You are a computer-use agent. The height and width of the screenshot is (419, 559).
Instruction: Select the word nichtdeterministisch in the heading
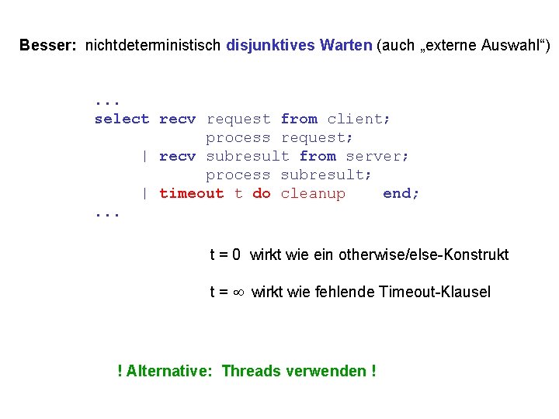click(x=154, y=46)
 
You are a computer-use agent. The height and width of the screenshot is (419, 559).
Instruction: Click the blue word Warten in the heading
click(x=344, y=46)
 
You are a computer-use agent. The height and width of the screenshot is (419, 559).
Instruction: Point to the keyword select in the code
click(x=121, y=119)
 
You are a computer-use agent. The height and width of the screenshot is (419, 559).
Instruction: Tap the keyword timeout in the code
click(x=191, y=193)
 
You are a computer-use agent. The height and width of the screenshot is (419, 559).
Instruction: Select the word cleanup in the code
click(x=312, y=193)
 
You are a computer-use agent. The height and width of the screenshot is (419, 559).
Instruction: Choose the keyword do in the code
click(x=261, y=193)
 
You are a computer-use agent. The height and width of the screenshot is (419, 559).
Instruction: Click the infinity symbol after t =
click(x=239, y=293)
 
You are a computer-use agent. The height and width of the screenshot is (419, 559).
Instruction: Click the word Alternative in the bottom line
click(x=168, y=371)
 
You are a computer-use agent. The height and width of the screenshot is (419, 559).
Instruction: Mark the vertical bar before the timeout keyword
click(x=145, y=193)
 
